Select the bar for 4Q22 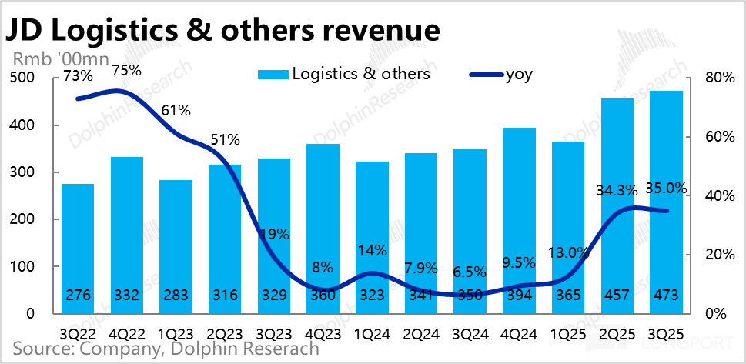(127, 235)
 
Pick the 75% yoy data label (126, 70)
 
